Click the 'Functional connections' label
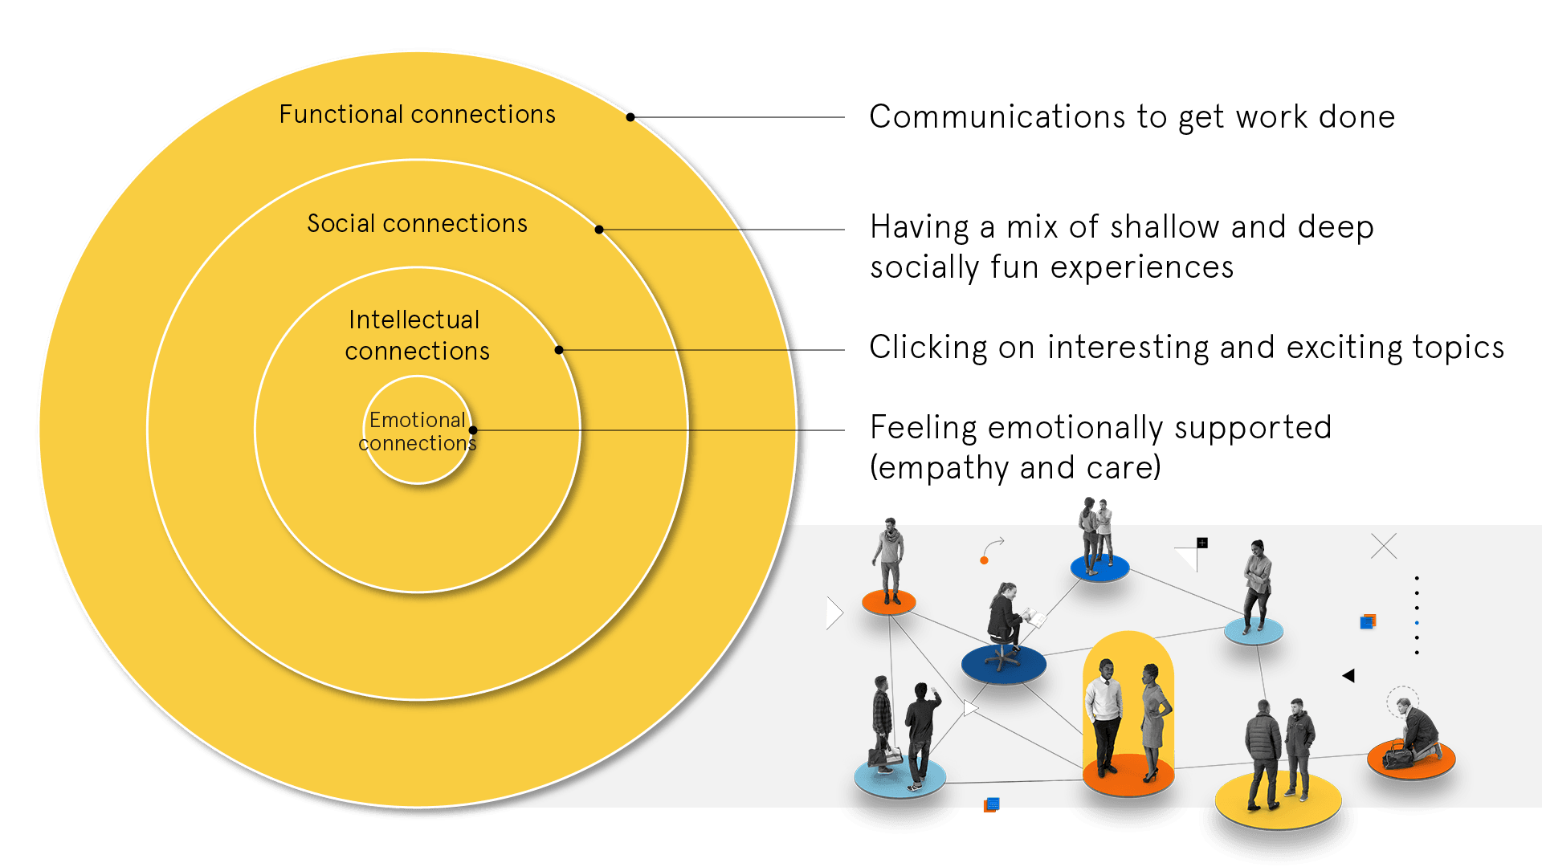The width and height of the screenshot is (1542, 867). point(417,115)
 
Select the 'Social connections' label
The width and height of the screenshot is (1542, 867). point(417,223)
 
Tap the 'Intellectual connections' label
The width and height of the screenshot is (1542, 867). point(417,336)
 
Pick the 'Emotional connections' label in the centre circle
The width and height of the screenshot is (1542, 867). point(417,431)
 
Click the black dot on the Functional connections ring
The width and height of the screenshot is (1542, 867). point(630,117)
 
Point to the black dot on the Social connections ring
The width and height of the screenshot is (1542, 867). point(599,230)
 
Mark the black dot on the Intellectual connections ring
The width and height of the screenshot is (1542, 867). point(559,350)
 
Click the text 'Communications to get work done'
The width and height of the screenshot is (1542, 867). point(1132,117)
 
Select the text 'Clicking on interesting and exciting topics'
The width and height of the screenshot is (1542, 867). point(1186,348)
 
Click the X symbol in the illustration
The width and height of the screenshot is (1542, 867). point(1384,546)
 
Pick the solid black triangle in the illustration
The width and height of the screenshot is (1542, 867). point(1348,676)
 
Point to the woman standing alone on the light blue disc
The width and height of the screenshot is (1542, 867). point(1257,585)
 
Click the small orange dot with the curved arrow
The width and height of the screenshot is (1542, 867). point(984,560)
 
